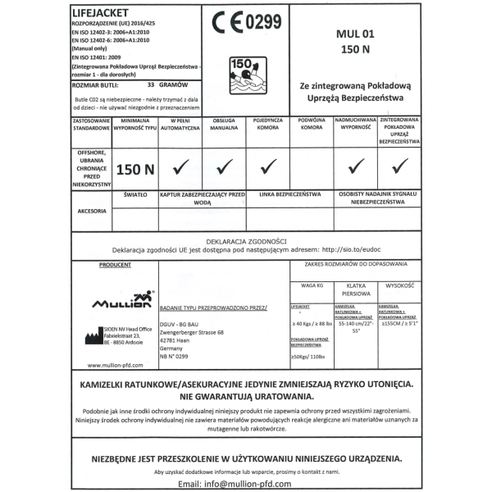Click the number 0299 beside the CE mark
tap(262, 22)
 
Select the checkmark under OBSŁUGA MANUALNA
tap(224, 167)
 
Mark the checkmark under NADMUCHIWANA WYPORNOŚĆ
tap(356, 167)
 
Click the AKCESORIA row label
tap(90, 211)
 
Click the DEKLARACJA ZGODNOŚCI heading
tap(247, 242)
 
